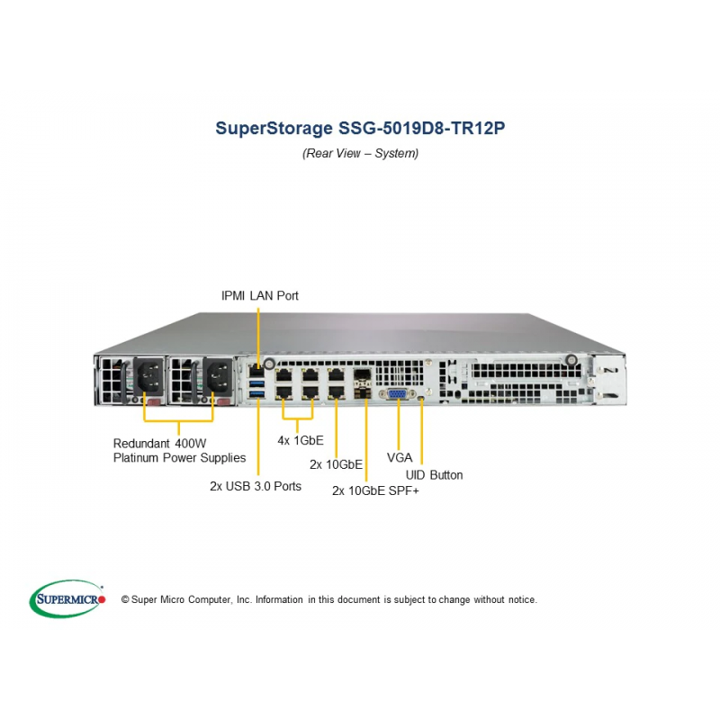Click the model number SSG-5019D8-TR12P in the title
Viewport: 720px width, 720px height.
[x=421, y=128]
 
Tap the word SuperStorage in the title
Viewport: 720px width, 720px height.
[x=274, y=128]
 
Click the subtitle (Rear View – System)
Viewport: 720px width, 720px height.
[x=361, y=153]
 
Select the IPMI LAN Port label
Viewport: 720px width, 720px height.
[x=260, y=296]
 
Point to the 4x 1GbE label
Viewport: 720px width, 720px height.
[x=301, y=440]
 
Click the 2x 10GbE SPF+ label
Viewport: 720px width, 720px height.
[x=375, y=490]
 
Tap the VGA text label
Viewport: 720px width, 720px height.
[x=400, y=457]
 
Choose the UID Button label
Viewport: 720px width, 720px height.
[x=434, y=475]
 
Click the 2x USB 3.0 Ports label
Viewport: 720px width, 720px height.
[x=256, y=486]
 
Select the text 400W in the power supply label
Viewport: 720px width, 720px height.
[x=191, y=444]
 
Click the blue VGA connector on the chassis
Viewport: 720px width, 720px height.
[x=397, y=394]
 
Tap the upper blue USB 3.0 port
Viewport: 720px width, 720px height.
[x=256, y=383]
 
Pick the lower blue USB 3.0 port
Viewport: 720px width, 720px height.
[x=256, y=394]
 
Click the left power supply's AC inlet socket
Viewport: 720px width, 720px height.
[x=148, y=374]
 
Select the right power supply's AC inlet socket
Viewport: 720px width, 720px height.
[x=218, y=375]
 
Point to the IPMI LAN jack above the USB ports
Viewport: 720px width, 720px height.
[x=256, y=370]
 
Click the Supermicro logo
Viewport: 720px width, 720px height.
[x=67, y=598]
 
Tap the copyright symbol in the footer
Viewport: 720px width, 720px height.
[x=125, y=599]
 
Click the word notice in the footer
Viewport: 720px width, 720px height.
[x=522, y=599]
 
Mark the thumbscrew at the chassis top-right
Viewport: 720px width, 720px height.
[x=571, y=361]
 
